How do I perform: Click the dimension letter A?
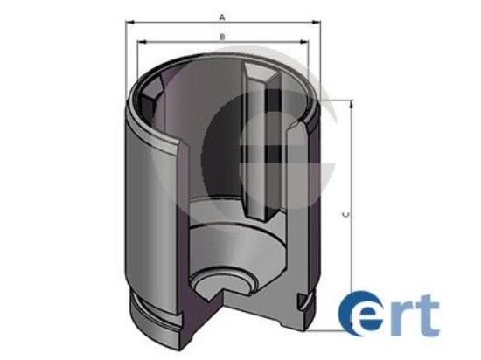point(223,17)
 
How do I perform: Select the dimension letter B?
point(223,36)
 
